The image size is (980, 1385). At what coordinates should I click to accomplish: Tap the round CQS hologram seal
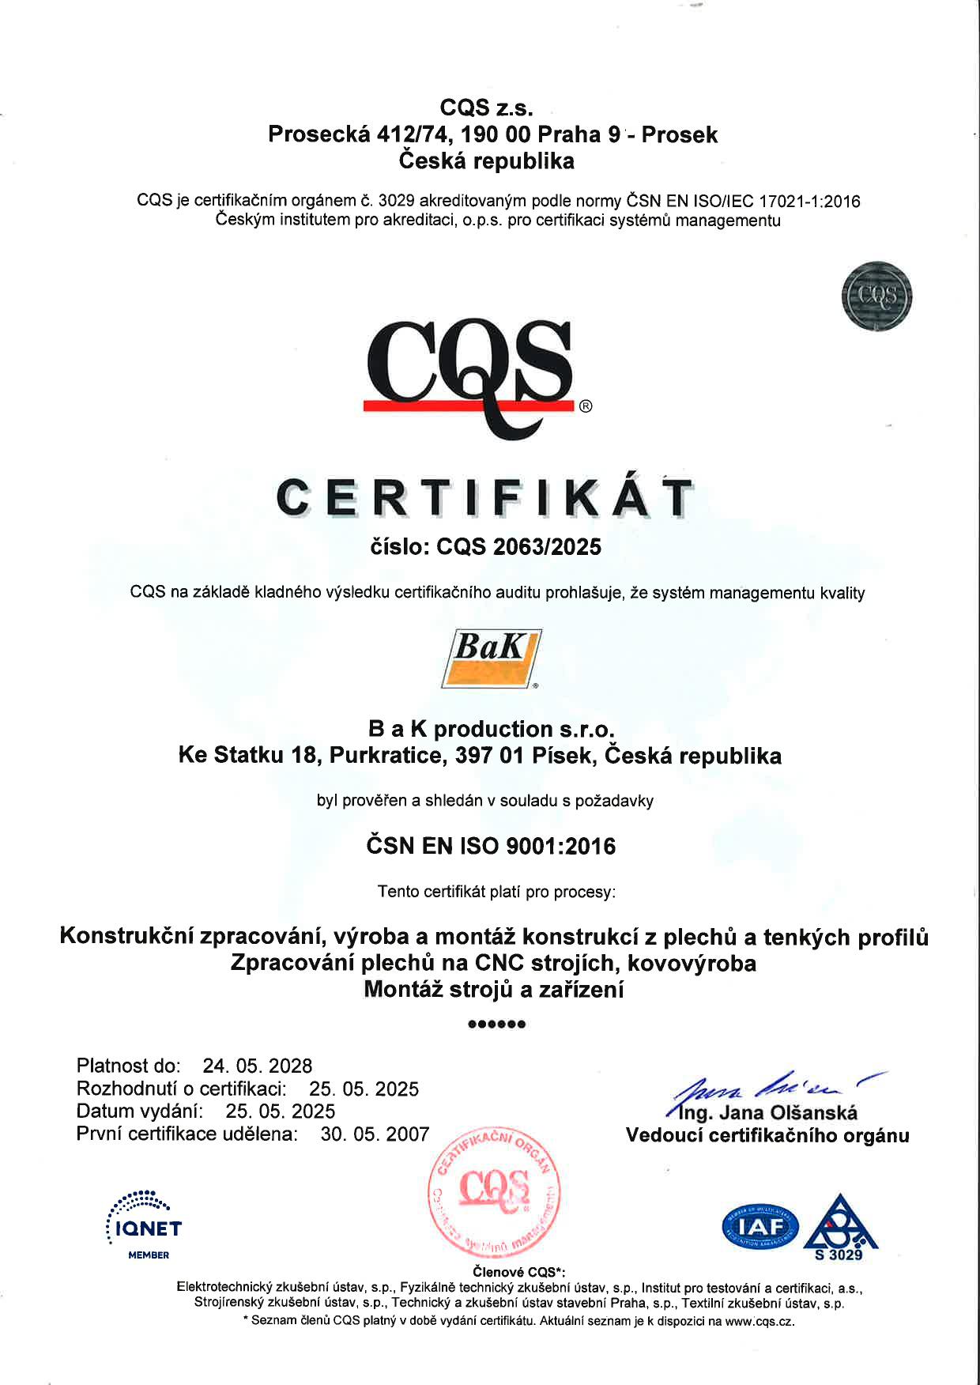coord(876,296)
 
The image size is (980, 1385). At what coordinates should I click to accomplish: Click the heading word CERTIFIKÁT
coord(484,499)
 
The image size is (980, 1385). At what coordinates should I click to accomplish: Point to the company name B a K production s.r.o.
coord(491,728)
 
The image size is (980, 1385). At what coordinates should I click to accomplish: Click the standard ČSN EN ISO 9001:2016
coord(491,847)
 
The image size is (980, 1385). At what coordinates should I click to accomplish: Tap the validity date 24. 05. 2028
coord(258,1066)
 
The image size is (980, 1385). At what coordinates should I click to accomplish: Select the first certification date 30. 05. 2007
coord(375,1134)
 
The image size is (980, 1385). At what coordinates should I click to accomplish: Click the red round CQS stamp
coord(495,1193)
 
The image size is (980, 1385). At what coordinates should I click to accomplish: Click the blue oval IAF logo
coord(760,1227)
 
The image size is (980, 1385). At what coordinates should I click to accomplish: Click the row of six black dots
coord(496,1025)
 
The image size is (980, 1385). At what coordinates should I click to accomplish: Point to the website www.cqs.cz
coord(759,1321)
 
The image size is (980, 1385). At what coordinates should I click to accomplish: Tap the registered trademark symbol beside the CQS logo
coord(586,407)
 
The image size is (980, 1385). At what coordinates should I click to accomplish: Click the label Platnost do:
coord(129,1066)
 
